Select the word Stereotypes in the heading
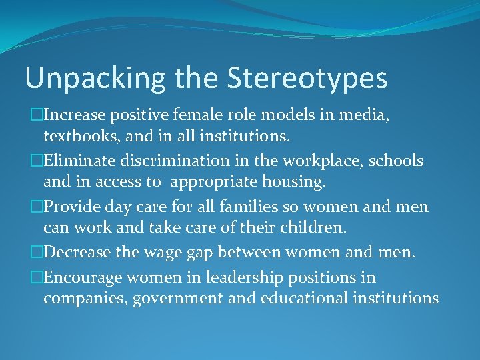pyautogui.click(x=307, y=79)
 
